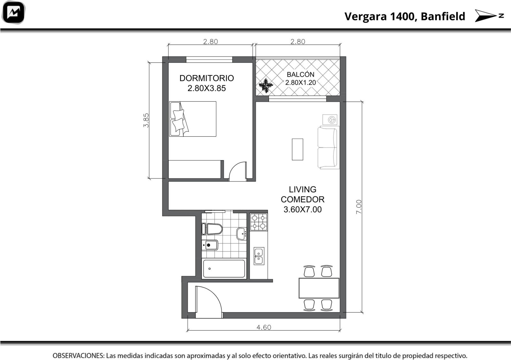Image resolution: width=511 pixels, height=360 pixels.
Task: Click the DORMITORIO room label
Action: click(206, 78)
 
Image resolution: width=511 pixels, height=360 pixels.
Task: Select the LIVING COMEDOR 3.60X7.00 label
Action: click(302, 199)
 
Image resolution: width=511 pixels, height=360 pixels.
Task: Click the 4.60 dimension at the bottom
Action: click(264, 327)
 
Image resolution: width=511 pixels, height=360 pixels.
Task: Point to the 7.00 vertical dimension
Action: click(359, 207)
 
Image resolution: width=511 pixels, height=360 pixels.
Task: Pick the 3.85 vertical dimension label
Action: click(146, 120)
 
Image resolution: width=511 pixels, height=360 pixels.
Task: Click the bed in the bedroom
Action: click(193, 119)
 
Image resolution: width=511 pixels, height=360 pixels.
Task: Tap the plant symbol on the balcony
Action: click(266, 86)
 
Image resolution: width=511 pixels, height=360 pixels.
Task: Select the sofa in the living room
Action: click(329, 148)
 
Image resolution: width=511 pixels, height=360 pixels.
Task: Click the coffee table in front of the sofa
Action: click(297, 149)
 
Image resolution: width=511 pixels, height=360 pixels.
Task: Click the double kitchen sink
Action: click(259, 256)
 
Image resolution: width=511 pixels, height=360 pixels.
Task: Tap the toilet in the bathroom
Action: click(212, 229)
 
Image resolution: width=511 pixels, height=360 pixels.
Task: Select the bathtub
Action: click(224, 269)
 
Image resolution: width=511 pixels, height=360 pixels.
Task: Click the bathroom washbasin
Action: click(241, 234)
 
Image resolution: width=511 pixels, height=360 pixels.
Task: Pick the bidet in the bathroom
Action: click(210, 245)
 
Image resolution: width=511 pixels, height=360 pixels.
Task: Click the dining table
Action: click(319, 288)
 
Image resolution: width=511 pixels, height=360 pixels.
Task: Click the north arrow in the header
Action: click(489, 16)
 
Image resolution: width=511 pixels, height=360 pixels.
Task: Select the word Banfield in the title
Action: click(443, 16)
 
